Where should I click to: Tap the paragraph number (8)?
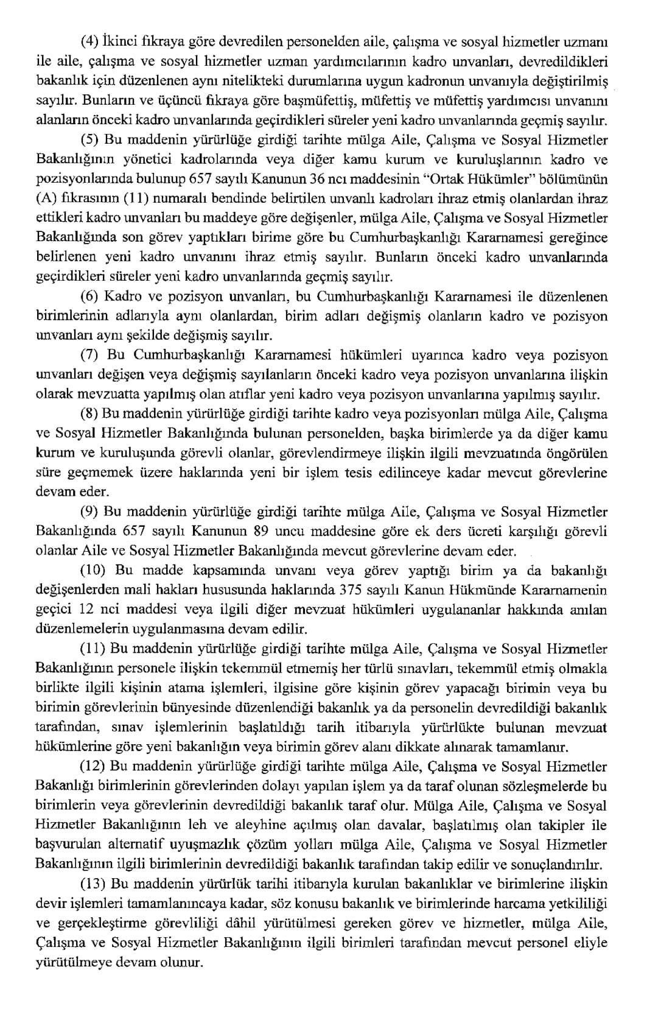pyautogui.click(x=89, y=413)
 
